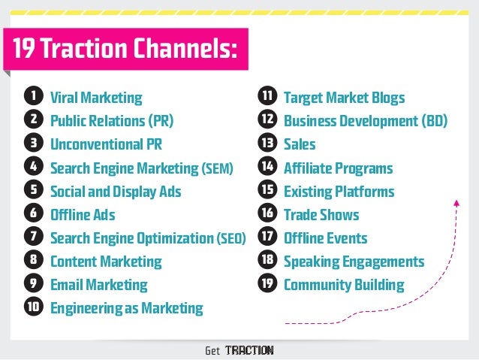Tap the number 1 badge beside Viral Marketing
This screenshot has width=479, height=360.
click(x=32, y=97)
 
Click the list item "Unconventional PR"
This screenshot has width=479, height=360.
click(x=106, y=144)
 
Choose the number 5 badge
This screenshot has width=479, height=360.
click(x=32, y=191)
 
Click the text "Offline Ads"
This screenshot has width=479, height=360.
click(x=83, y=215)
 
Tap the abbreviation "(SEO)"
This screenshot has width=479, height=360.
click(x=230, y=239)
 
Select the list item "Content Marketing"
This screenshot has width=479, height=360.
click(x=106, y=262)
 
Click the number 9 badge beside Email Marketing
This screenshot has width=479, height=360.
click(x=32, y=285)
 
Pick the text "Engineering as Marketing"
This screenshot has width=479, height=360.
click(x=126, y=308)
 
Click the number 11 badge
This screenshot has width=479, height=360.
click(x=267, y=97)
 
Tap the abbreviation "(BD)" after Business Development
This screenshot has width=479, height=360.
click(x=431, y=120)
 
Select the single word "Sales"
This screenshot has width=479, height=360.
click(x=300, y=144)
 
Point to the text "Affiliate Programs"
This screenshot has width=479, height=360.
click(x=338, y=168)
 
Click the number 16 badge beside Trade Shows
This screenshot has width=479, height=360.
click(x=267, y=215)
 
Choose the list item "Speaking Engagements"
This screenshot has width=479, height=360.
click(x=354, y=262)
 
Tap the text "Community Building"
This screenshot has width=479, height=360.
click(x=344, y=285)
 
